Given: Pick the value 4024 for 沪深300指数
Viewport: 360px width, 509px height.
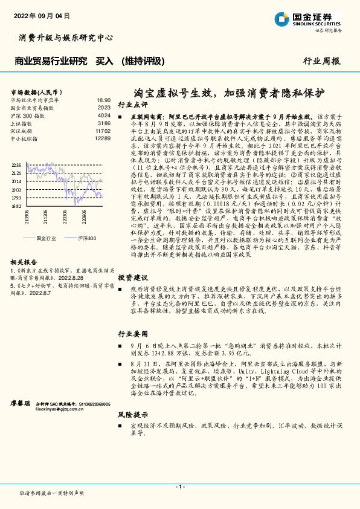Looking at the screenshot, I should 104,115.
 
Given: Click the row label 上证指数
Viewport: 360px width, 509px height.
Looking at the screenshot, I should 23,123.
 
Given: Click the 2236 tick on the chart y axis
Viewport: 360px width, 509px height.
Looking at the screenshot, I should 16,164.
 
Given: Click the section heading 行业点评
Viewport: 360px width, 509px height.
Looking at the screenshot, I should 132,104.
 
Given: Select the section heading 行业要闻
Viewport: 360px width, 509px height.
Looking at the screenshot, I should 132,334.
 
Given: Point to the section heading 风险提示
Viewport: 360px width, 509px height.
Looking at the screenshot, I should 132,415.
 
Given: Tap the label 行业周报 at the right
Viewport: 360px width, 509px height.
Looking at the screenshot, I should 321,62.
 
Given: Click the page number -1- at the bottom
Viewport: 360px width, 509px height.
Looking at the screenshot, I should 179,487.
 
